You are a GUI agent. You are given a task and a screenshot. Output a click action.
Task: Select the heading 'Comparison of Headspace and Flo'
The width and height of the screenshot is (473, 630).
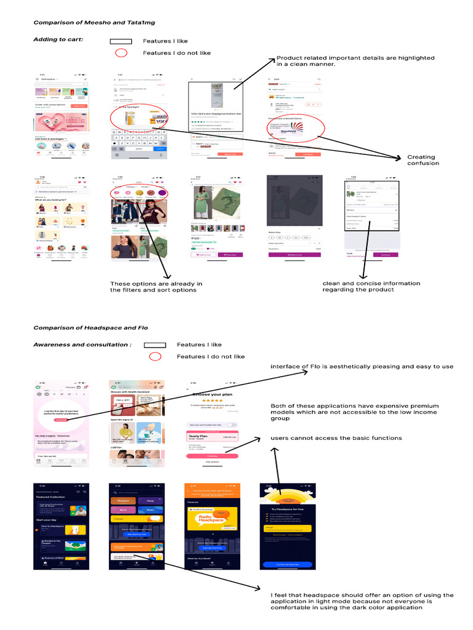coord(91,328)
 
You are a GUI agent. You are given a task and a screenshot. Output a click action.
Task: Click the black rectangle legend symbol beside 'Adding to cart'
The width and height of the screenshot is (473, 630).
coord(121,41)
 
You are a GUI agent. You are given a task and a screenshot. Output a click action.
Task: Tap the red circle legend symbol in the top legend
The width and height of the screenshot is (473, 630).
coord(121,53)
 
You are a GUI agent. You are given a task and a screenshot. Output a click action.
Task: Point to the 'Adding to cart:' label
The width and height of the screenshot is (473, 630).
coord(59,40)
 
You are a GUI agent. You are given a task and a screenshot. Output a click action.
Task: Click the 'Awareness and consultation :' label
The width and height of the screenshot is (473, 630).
coord(82,345)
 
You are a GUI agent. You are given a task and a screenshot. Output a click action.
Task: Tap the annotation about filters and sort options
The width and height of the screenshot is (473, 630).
coord(156,287)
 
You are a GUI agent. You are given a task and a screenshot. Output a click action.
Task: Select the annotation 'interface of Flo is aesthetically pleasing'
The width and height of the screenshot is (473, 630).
coord(362,367)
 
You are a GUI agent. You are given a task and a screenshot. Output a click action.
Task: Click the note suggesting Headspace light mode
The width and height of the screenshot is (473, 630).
coord(362,601)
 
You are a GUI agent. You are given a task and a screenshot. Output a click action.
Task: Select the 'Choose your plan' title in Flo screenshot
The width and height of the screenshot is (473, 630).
coord(212,394)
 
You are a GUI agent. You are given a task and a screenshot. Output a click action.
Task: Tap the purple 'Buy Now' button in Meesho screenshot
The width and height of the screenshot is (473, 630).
coord(230,254)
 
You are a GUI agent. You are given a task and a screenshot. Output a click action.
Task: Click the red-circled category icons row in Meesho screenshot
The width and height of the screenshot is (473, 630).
coord(139,194)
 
